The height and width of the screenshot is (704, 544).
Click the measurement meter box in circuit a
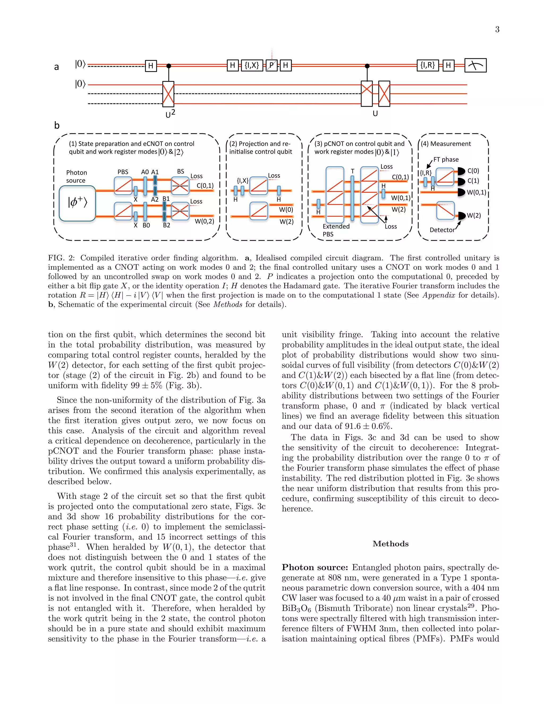475,65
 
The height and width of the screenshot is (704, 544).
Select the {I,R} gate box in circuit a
428,65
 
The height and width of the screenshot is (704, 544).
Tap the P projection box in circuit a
271,65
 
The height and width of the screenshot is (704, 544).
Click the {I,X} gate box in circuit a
252,65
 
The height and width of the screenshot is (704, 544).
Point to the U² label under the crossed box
170,114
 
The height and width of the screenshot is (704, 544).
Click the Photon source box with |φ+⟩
77,203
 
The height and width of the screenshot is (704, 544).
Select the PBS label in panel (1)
123,172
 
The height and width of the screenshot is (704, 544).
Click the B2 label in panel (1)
166,225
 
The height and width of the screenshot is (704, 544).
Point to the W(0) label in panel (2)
286,210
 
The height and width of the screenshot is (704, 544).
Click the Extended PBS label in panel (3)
336,230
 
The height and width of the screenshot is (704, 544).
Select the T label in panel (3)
352,171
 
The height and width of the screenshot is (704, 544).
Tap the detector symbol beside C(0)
461,171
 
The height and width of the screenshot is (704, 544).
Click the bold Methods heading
390,544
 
